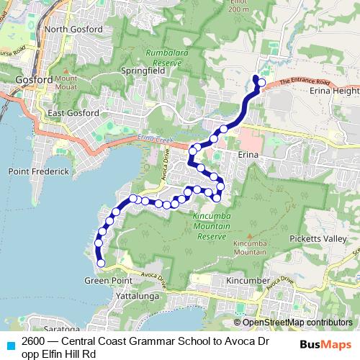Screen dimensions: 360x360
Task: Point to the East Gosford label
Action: [71, 113]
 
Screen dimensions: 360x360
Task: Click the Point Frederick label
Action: [38, 171]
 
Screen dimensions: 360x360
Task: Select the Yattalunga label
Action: [135, 295]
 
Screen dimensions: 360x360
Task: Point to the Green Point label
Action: [101, 279]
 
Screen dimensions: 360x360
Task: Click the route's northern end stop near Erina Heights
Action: [261, 84]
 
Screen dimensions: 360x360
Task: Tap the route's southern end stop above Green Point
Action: [101, 264]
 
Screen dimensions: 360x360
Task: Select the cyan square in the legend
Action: [9, 344]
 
